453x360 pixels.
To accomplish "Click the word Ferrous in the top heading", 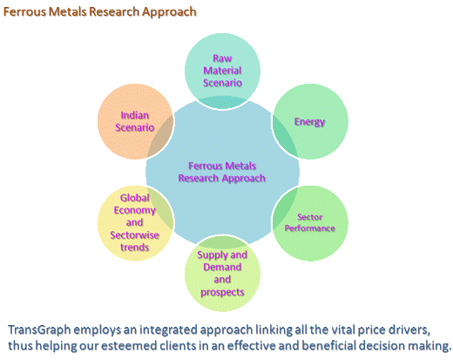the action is [24, 12].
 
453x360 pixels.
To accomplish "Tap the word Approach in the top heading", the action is [169, 13].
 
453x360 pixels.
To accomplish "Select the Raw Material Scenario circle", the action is [222, 71].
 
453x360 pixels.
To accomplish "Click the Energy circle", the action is [310, 121].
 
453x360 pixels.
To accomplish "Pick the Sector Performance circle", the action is [310, 223].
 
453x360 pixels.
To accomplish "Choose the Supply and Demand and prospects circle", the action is [222, 274].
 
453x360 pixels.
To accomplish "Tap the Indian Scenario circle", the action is [135, 121].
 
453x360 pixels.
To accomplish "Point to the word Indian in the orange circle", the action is [135, 115].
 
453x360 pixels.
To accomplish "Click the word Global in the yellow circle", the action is [135, 198].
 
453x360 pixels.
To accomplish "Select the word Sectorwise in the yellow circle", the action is [134, 235].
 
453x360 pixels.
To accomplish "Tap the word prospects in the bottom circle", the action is [222, 292].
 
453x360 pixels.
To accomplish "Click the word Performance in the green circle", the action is [310, 228].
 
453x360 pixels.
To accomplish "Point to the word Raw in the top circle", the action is [222, 58].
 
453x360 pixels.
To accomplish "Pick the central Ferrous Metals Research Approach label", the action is [222, 172].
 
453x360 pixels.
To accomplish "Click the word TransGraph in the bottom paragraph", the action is [39, 330].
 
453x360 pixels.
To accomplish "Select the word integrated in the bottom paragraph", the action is [169, 330].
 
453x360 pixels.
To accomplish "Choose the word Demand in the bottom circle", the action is [222, 268].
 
